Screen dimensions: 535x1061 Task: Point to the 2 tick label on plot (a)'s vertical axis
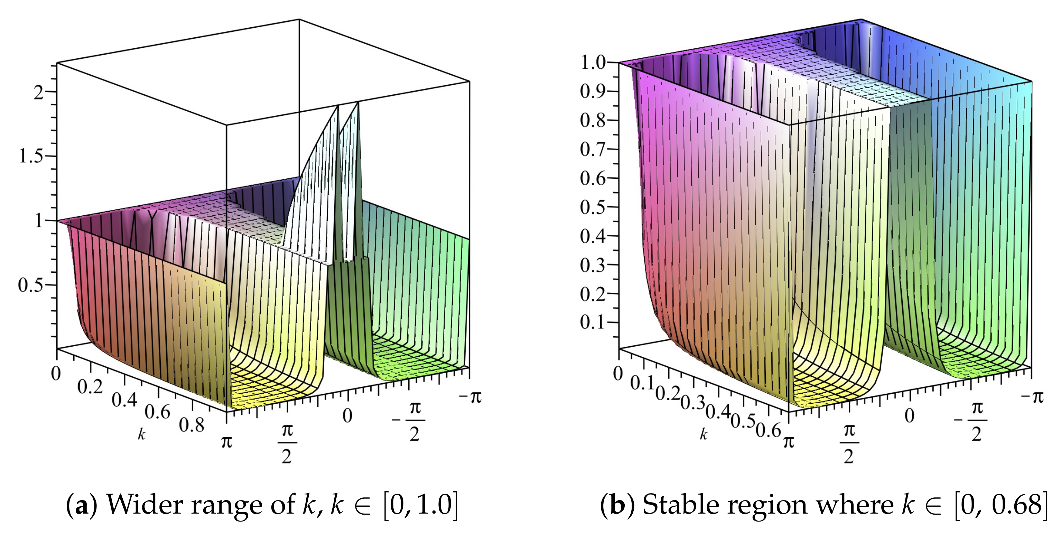click(38, 92)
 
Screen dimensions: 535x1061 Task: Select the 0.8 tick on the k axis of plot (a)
click(192, 424)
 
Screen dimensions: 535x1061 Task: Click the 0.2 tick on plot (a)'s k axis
click(90, 387)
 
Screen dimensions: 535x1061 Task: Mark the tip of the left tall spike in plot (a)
click(338, 106)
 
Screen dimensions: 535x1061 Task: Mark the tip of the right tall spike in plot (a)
click(359, 103)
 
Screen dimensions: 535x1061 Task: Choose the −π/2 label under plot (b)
click(972, 421)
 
